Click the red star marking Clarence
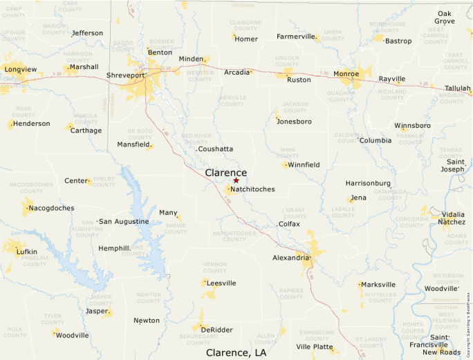click(x=236, y=180)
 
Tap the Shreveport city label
click(x=126, y=75)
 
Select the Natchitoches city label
click(x=252, y=189)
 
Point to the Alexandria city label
click(x=291, y=258)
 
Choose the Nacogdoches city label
click(x=51, y=208)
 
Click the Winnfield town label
click(x=304, y=165)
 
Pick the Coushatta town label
click(x=215, y=149)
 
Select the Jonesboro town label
click(x=294, y=122)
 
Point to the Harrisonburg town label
click(x=368, y=183)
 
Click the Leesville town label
click(x=221, y=283)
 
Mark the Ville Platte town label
click(x=314, y=346)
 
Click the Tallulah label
click(x=457, y=88)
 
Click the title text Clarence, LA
click(x=236, y=352)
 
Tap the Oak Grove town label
click(x=445, y=17)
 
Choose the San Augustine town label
click(x=124, y=222)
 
